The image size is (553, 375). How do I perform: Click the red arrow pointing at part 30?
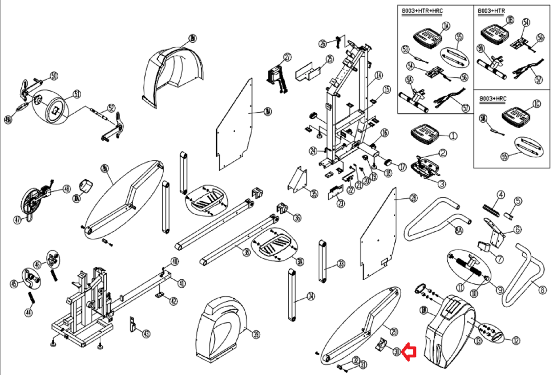pyautogui.click(x=410, y=352)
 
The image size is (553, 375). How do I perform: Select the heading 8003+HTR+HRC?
pyautogui.click(x=422, y=11)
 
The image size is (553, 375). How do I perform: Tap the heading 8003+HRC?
pyautogui.click(x=493, y=99)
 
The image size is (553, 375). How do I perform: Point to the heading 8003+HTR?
pyautogui.click(x=491, y=11)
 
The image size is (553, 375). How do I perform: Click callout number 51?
pyautogui.click(x=76, y=94)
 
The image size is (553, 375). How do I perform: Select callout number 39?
pyautogui.click(x=256, y=334)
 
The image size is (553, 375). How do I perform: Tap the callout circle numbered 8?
pyautogui.click(x=543, y=290)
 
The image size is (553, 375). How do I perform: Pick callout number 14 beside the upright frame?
pyautogui.click(x=379, y=75)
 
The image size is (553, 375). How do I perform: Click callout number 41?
pyautogui.click(x=181, y=283)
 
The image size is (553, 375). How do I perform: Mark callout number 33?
pyautogui.click(x=341, y=264)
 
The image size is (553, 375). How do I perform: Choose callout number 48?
pyautogui.click(x=66, y=189)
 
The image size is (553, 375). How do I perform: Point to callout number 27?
pyautogui.click(x=288, y=57)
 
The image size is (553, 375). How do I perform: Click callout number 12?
pyautogui.click(x=516, y=340)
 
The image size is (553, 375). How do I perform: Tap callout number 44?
pyautogui.click(x=28, y=312)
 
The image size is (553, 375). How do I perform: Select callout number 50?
pyautogui.click(x=54, y=76)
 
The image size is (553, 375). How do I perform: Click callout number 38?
pyautogui.click(x=246, y=252)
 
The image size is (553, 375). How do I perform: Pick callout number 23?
pyautogui.click(x=341, y=203)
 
